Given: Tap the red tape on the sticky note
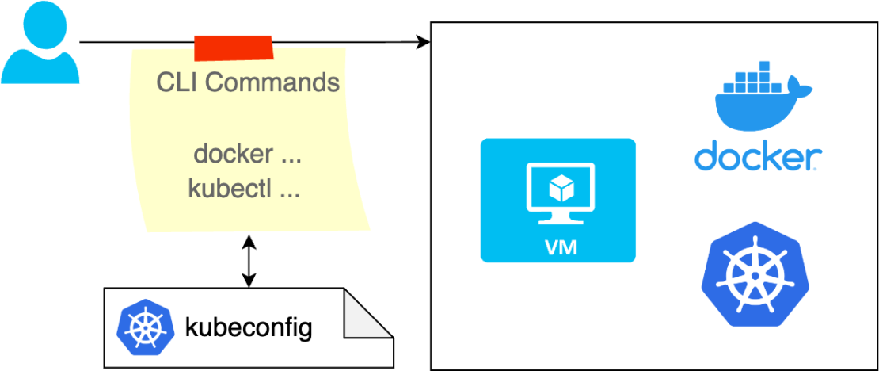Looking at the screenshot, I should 234,48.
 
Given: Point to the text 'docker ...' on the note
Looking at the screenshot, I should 247,154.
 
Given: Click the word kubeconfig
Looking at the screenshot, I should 248,327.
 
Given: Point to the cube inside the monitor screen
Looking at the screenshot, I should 561,189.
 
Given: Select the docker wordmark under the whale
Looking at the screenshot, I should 758,156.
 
